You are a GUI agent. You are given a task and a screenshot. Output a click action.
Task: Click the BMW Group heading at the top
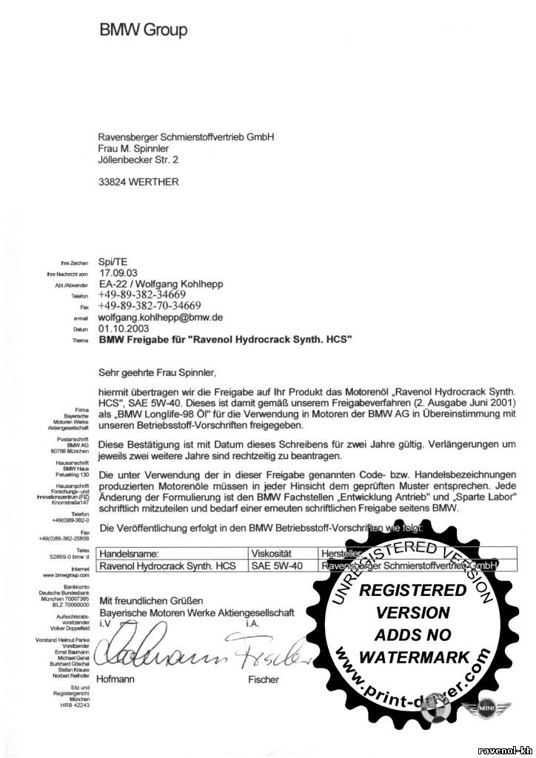(x=143, y=30)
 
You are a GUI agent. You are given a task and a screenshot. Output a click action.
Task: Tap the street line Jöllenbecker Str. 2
(x=138, y=158)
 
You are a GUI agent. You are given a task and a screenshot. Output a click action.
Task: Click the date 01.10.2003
(x=124, y=327)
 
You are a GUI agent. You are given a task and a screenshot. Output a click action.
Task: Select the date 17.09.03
(x=118, y=272)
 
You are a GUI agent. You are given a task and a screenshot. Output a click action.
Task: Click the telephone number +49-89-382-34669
(x=147, y=295)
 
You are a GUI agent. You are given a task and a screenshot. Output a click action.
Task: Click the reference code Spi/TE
(x=113, y=261)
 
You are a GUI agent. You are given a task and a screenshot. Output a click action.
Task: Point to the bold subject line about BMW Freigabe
(x=224, y=339)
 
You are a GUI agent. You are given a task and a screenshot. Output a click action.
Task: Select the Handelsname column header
(x=129, y=552)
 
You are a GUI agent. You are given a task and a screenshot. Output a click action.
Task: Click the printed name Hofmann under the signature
(x=118, y=678)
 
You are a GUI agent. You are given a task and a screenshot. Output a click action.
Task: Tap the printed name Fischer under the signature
(x=264, y=678)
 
